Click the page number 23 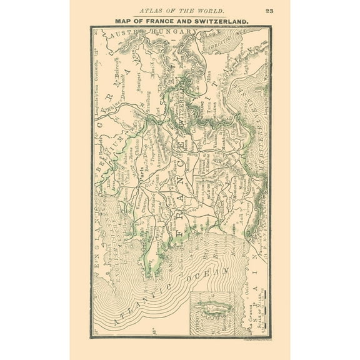coord(268,11)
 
